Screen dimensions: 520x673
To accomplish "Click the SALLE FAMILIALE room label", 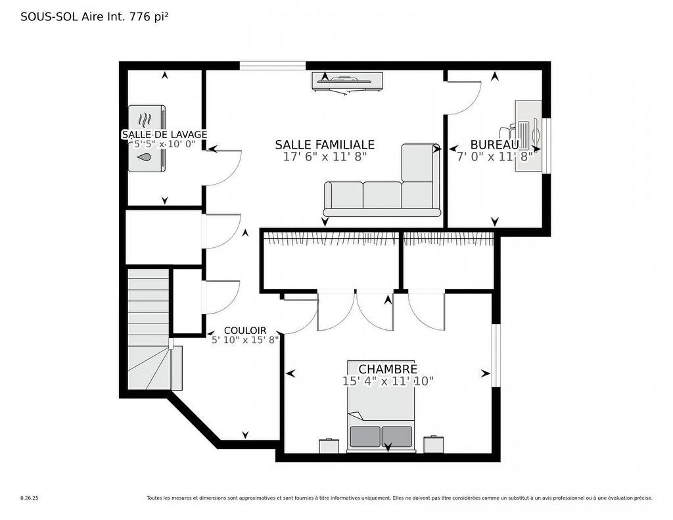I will click(325, 145).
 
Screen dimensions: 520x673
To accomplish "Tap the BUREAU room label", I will click(494, 145).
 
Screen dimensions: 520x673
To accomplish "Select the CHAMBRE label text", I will click(387, 369).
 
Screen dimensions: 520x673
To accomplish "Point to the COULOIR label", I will click(244, 331).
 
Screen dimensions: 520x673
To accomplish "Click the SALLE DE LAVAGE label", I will click(164, 135).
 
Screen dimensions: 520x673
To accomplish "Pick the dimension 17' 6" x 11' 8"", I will click(325, 157).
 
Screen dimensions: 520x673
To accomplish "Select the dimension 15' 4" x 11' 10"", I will click(388, 381).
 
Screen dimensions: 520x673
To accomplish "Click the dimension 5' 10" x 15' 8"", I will click(245, 340).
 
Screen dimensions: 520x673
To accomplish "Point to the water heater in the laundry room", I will click(147, 139).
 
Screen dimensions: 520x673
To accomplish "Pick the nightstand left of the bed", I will click(329, 446).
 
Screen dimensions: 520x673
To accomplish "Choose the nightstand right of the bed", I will click(433, 444).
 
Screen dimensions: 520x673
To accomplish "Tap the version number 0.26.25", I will click(30, 498).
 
